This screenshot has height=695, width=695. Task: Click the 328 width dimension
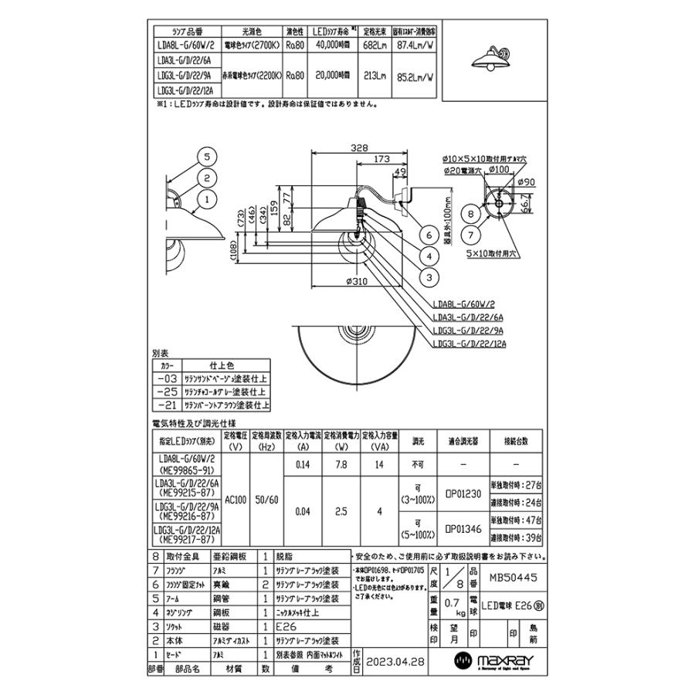(x=357, y=147)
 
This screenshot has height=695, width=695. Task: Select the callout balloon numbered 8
(x=470, y=211)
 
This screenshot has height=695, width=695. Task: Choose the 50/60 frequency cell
(x=267, y=500)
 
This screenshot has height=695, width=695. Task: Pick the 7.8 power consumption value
(x=340, y=464)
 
